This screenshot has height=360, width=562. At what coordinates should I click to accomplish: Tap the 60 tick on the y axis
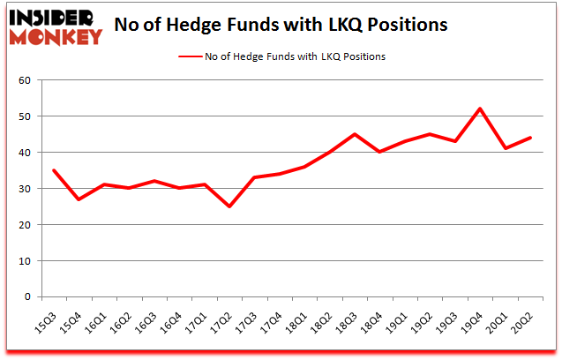pos(26,80)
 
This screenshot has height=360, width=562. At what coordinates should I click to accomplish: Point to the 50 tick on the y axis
pos(26,116)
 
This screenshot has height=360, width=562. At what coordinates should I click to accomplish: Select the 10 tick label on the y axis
pos(26,261)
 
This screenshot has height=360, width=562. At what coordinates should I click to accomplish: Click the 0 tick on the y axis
pos(28,297)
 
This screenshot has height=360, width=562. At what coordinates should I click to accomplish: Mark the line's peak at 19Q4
pos(479,109)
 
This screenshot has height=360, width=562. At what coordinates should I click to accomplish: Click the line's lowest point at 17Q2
pos(229,206)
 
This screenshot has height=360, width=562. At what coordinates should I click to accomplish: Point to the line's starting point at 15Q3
pos(55,170)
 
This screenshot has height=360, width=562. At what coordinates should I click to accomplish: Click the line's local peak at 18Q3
pos(354,134)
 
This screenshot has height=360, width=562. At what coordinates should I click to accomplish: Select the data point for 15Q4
pos(79,199)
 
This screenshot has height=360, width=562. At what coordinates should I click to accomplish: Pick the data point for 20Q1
pos(504,148)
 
